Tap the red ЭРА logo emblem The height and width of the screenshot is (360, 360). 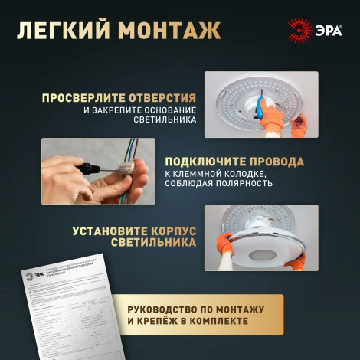[299, 31]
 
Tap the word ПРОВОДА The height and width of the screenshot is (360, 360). [278, 162]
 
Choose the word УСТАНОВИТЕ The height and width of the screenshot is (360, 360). [108, 230]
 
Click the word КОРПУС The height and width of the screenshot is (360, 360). [171, 230]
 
